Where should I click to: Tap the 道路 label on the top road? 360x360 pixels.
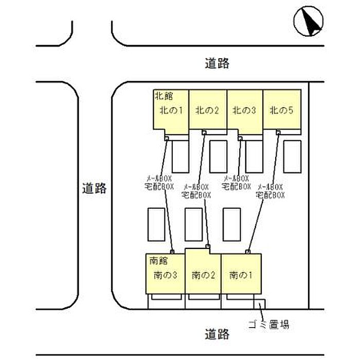(x=217, y=64)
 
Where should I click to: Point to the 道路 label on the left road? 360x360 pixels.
(x=94, y=188)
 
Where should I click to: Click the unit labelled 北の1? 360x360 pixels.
(x=171, y=110)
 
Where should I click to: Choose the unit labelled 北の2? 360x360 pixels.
(x=207, y=110)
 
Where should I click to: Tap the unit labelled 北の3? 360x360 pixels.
(x=244, y=110)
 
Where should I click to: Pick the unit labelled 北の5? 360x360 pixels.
(x=281, y=110)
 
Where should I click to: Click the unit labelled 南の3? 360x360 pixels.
(x=166, y=275)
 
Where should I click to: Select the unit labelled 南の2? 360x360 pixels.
(x=203, y=275)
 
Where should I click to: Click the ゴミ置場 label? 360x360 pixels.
(x=268, y=325)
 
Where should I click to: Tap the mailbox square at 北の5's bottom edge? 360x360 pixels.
(x=278, y=132)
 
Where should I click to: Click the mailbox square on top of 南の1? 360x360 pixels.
(x=248, y=251)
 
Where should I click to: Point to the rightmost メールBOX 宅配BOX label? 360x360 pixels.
(x=271, y=191)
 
